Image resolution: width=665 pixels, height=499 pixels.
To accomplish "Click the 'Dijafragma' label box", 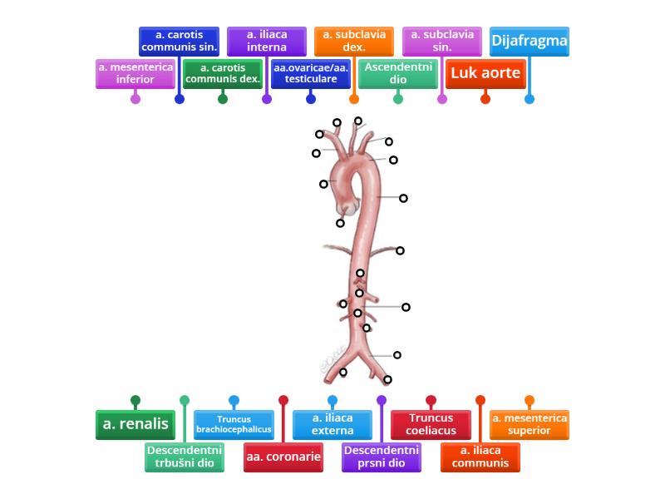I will [x=530, y=41].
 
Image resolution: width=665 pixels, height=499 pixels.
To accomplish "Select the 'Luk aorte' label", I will [x=485, y=73].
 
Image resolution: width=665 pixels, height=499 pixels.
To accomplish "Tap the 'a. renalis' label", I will [x=135, y=424].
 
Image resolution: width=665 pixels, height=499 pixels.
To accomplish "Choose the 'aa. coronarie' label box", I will [x=283, y=457].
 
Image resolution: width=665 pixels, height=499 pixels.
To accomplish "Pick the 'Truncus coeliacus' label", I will [x=431, y=424].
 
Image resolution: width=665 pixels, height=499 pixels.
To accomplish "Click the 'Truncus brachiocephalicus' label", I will [x=234, y=424].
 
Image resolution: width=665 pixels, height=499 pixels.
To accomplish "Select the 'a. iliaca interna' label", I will [x=267, y=41].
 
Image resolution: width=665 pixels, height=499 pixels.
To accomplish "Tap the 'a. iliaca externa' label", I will [x=332, y=424].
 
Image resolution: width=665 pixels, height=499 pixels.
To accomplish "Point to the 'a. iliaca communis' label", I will [x=480, y=457].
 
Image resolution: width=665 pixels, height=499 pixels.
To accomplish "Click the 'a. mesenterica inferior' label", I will [x=135, y=73].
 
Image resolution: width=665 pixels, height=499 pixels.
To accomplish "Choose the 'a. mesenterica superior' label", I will [x=530, y=424].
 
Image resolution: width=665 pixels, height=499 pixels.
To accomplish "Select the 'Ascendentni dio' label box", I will [x=398, y=73].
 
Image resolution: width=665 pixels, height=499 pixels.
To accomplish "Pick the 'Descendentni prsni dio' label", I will [x=382, y=457].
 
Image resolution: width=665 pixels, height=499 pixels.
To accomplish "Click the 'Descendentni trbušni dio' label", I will [x=185, y=457].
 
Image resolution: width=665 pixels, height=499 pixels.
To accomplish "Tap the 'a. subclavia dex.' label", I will [x=354, y=41].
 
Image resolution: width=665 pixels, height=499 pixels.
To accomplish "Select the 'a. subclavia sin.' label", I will [x=442, y=41].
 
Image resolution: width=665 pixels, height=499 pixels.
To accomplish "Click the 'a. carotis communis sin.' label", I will [x=179, y=41].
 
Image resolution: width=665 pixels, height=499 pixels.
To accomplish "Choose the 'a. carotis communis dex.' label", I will [x=223, y=73].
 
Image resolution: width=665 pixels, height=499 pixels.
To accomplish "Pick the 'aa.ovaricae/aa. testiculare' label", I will [x=311, y=73].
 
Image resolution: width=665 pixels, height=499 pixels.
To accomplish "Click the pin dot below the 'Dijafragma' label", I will [x=530, y=99].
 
